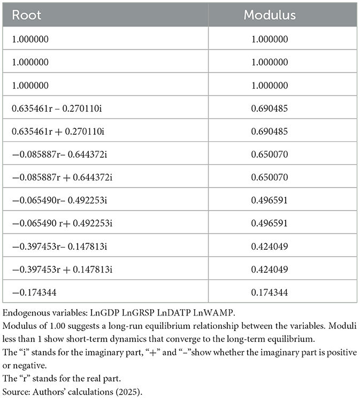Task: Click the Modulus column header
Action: (270, 15)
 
